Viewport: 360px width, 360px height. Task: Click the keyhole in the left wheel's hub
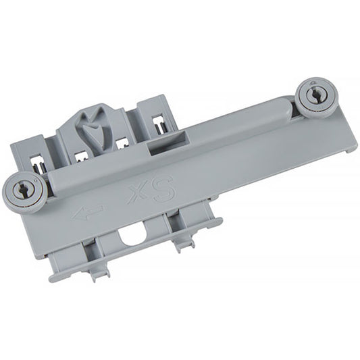pos(22,190)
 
